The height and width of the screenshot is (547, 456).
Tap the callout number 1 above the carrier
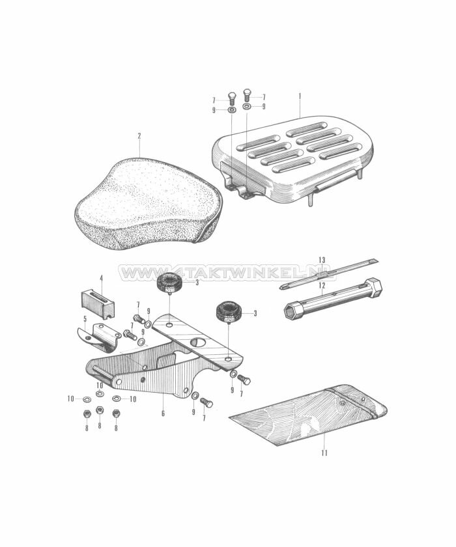pyautogui.click(x=300, y=96)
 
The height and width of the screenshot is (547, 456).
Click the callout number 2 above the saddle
pyautogui.click(x=139, y=136)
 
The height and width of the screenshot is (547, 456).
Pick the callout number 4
pyautogui.click(x=101, y=278)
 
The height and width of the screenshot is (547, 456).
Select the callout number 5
pyautogui.click(x=85, y=318)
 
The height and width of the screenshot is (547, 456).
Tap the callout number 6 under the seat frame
pyautogui.click(x=163, y=414)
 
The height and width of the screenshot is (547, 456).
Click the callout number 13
pyautogui.click(x=322, y=260)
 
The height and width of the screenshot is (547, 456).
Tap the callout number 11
pyautogui.click(x=324, y=453)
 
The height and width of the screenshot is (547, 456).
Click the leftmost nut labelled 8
pyautogui.click(x=86, y=414)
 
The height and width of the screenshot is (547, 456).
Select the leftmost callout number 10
pyautogui.click(x=71, y=399)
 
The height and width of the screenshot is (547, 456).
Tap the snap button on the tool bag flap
pyautogui.click(x=342, y=403)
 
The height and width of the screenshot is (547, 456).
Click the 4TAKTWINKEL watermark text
pyautogui.click(x=227, y=272)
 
